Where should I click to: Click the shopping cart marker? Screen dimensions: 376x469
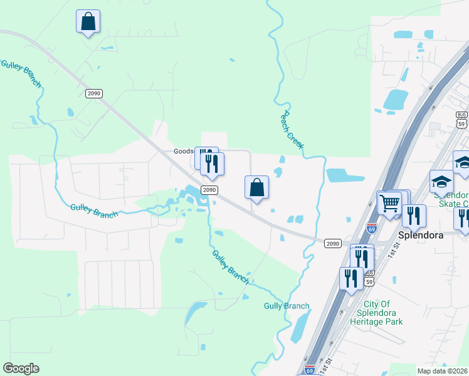pos(389,204)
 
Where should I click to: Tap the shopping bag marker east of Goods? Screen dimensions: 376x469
pos(256,187)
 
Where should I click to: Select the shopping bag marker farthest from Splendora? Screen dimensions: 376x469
pos(88,22)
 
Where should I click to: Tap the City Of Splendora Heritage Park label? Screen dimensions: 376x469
pos(379,313)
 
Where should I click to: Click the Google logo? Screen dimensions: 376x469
pos(21,368)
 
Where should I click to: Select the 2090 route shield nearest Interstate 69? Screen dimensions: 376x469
pos(332,243)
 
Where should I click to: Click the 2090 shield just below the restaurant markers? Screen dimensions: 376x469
pos(209,189)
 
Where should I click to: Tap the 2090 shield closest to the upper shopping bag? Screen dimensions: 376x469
pos(93,93)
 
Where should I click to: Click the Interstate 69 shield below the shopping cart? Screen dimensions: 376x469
pos(372,229)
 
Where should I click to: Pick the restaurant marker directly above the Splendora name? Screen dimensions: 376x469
pos(414,216)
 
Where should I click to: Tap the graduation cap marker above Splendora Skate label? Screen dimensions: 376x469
pos(441,182)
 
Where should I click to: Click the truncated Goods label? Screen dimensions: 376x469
pos(184,152)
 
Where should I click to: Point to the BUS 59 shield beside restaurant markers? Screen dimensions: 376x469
pos(369,278)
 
